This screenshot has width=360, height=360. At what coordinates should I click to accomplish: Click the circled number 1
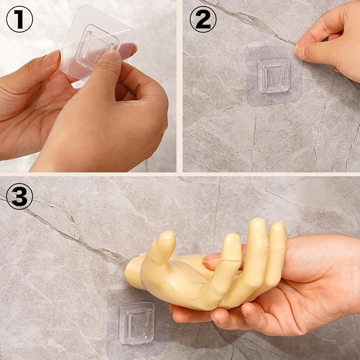19,19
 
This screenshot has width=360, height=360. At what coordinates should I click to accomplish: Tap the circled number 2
203,19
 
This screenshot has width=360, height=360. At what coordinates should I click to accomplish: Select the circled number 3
19,196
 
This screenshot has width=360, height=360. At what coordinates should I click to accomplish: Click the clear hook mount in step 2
273,75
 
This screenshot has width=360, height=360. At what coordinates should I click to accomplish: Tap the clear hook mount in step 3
137,323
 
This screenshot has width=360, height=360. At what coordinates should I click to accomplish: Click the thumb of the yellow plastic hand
164,248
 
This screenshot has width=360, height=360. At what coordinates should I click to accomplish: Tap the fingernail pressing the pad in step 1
112,56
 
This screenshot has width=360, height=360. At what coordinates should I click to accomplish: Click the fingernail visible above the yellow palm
211,259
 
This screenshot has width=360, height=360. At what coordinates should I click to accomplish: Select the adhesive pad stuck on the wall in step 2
273,76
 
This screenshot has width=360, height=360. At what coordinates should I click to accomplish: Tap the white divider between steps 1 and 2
179,86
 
